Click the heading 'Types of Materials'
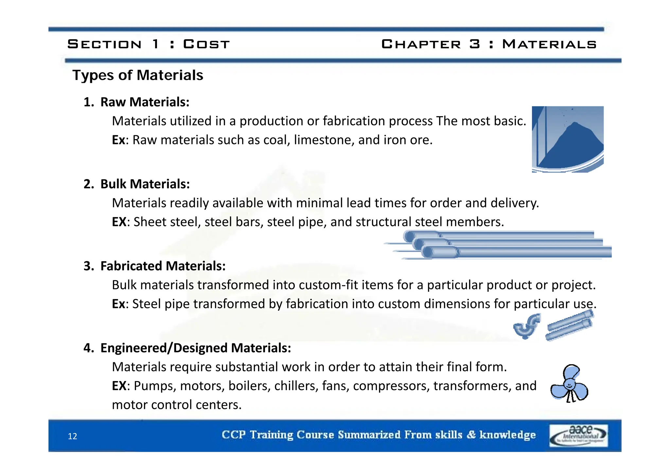point(138,75)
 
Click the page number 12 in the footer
point(72,436)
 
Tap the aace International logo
point(578,435)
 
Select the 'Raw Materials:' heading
point(145,102)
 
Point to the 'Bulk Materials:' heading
point(145,184)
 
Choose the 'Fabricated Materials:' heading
point(163,266)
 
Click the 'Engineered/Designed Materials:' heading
point(196,348)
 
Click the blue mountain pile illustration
point(568,139)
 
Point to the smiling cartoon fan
point(569,384)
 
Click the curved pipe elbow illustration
point(527,326)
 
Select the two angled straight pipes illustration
point(570,326)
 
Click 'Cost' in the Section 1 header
point(206,44)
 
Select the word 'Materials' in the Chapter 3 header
point(549,44)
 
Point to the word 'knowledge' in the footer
point(507,435)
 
